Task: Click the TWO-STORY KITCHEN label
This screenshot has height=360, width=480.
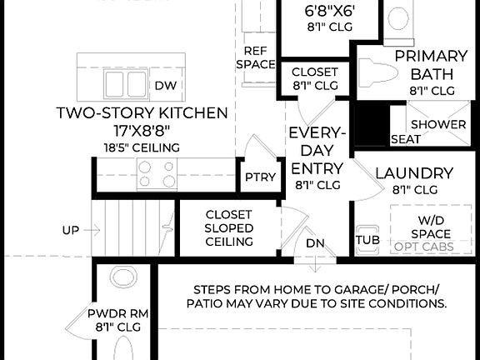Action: pos(142,112)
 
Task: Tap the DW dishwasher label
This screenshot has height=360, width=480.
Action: pos(164,85)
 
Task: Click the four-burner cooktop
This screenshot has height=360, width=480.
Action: pos(157,173)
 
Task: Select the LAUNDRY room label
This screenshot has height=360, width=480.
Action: pos(413,173)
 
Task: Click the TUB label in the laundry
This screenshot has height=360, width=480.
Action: pos(367,240)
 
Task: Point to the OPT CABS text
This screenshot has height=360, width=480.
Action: pos(424,247)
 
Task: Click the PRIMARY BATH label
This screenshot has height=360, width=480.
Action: pos(431,65)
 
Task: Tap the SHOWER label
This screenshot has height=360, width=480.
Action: pos(438,124)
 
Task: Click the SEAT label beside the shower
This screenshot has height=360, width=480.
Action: pos(406,139)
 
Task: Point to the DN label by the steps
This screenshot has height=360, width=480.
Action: pos(315,242)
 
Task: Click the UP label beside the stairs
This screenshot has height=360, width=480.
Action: pos(71,229)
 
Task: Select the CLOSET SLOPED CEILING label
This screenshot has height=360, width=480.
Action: pos(229,227)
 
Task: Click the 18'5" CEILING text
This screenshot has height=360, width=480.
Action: pos(142,147)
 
